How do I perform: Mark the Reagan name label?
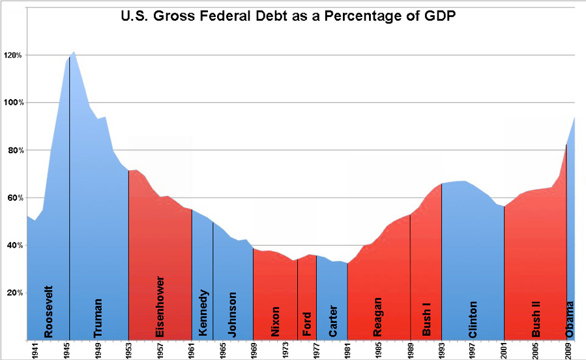pyautogui.click(x=377, y=317)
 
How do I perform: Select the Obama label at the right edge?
pyautogui.click(x=570, y=319)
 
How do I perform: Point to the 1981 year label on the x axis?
pyautogui.click(x=347, y=350)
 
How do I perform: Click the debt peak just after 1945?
pyautogui.click(x=74, y=51)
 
